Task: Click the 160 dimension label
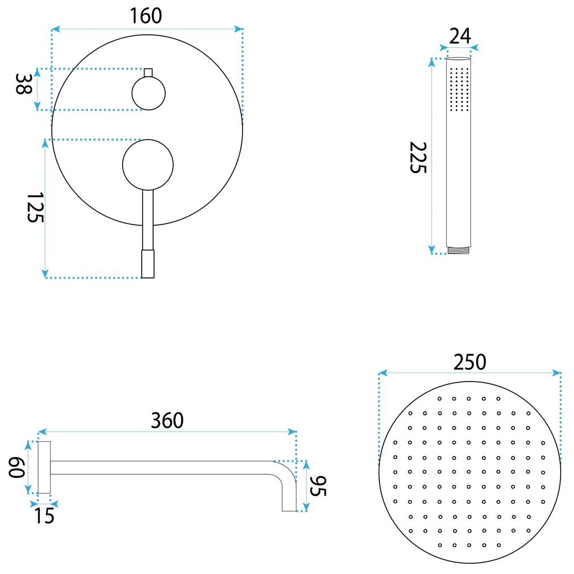146,16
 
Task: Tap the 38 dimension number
23,84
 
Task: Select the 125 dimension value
35,207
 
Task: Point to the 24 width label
460,36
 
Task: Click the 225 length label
418,158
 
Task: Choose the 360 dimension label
167,420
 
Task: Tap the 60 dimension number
17,468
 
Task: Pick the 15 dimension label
44,516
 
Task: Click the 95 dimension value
318,486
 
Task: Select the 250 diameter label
470,362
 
